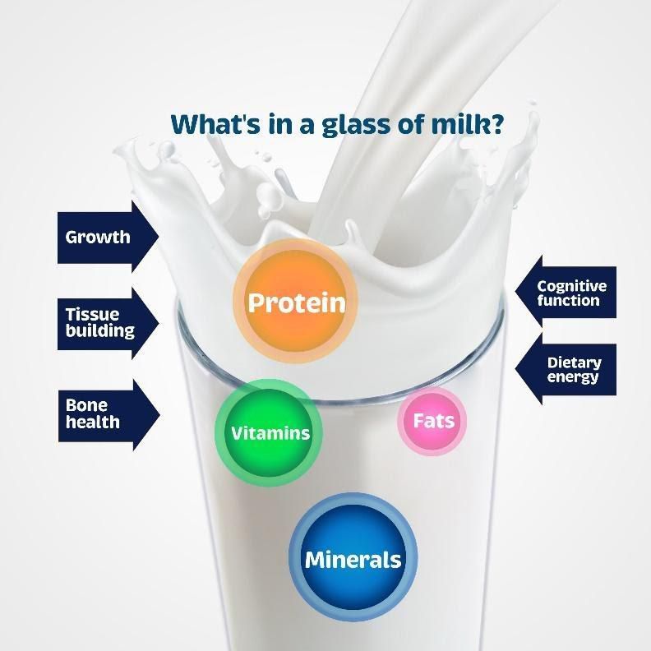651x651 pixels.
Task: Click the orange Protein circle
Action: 296,302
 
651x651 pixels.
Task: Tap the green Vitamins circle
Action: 269,432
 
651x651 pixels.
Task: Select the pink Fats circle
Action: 432,422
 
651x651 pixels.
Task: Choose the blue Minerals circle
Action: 353,560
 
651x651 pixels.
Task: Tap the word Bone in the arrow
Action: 86,405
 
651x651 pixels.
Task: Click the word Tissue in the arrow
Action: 92,314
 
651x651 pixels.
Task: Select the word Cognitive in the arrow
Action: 572,286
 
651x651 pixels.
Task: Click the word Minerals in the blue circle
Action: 353,561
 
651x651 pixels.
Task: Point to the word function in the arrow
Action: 569,301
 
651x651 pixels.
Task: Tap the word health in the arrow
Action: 93,422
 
